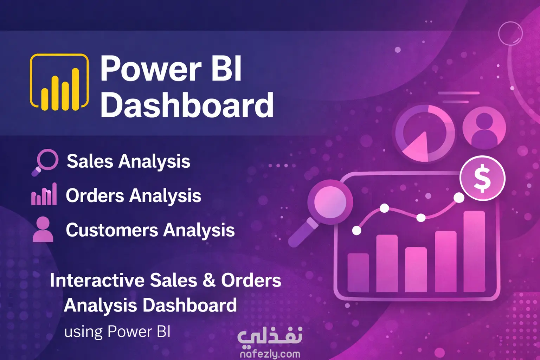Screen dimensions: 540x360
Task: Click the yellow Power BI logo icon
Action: [59, 82]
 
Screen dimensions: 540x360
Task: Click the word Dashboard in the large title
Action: [187, 105]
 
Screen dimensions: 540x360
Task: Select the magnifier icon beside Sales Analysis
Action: [45, 162]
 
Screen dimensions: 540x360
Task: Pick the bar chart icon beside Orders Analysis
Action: [44, 194]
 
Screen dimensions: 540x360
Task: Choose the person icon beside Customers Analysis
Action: [43, 229]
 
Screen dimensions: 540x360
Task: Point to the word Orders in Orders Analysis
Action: [95, 195]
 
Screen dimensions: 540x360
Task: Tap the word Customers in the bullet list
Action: [112, 230]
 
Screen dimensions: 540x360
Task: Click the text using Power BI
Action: [117, 332]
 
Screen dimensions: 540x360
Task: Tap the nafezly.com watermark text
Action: [270, 354]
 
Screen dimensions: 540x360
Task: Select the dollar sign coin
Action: [482, 178]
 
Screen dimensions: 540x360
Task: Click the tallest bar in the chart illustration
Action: [474, 251]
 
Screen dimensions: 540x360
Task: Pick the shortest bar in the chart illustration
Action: [358, 272]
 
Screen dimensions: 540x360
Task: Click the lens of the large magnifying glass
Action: [330, 202]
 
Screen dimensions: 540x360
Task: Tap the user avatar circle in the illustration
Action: [484, 128]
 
